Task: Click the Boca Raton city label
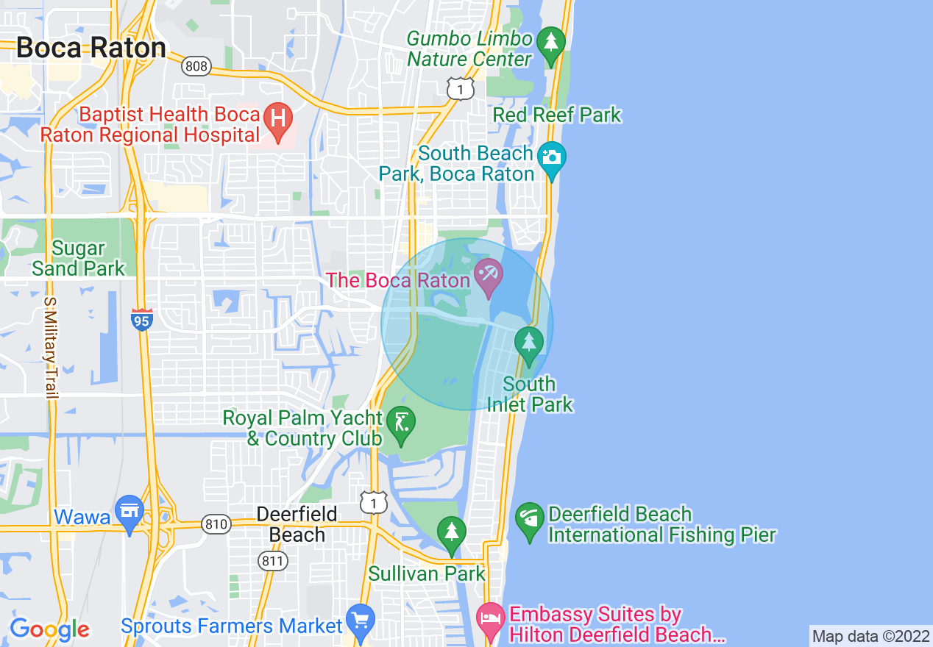click(x=91, y=48)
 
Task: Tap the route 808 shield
click(x=196, y=66)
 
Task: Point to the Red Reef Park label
click(x=557, y=115)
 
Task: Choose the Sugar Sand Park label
click(x=78, y=259)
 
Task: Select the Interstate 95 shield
click(x=142, y=320)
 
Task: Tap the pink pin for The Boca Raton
click(x=488, y=277)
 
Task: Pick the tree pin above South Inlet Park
click(x=528, y=343)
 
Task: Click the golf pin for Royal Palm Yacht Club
click(x=401, y=426)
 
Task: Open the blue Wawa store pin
click(x=130, y=512)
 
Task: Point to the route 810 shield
click(x=216, y=525)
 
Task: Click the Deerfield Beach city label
click(x=297, y=524)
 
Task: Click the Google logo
click(x=49, y=629)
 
